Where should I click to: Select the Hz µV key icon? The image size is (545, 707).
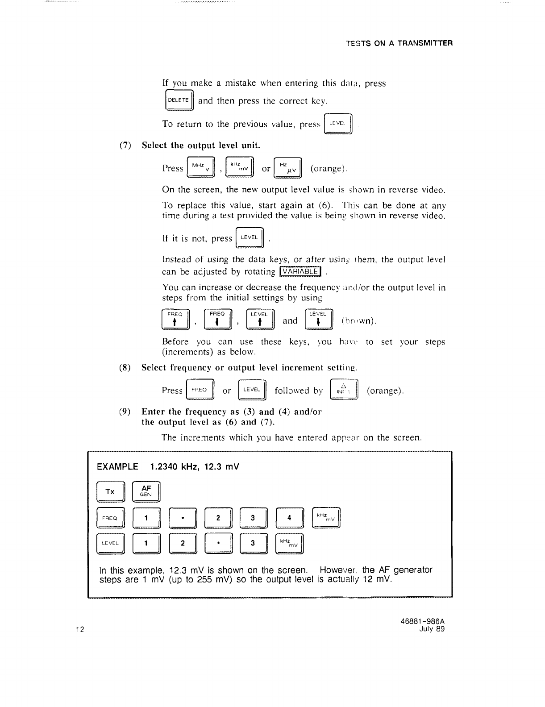click(288, 168)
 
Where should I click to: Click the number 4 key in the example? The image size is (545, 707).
click(290, 518)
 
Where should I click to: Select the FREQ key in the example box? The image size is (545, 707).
click(110, 518)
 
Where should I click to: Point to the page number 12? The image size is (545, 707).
click(80, 629)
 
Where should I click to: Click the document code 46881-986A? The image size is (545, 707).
click(424, 621)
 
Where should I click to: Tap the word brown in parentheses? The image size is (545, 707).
click(359, 321)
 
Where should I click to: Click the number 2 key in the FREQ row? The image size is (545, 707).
click(218, 518)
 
